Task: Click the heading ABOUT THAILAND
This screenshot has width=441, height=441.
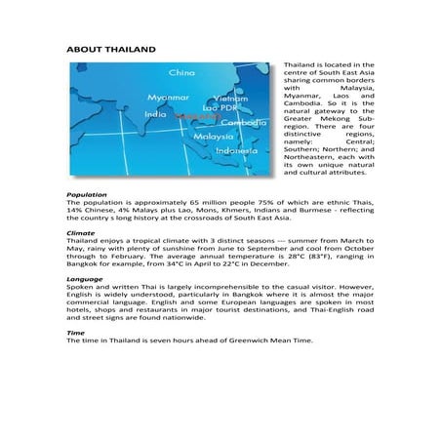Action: point(108,48)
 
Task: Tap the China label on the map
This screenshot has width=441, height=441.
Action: point(182,72)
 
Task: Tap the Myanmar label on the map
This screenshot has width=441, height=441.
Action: point(167,98)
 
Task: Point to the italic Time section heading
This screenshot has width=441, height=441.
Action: point(74,334)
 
